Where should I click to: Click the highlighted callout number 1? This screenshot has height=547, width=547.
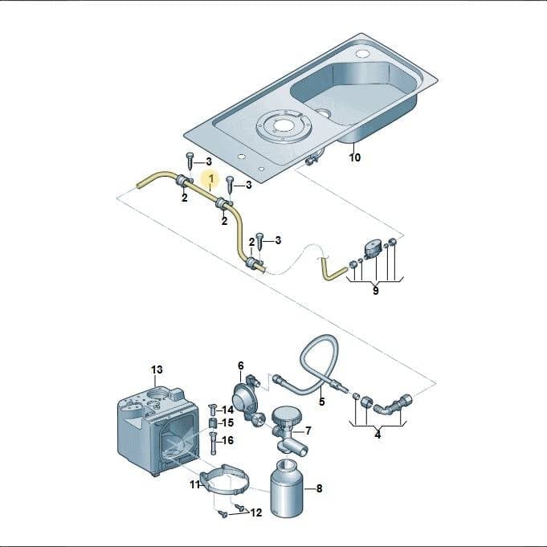(210, 178)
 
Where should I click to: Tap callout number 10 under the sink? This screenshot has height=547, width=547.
(355, 157)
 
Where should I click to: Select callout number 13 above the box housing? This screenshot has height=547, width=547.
(157, 369)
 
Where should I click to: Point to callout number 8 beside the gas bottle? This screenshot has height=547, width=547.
(319, 488)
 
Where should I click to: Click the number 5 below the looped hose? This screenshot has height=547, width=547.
(321, 402)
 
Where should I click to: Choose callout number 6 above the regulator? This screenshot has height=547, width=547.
(241, 366)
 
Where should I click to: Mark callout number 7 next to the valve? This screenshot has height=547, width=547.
(308, 431)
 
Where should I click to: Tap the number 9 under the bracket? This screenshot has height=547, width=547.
(375, 291)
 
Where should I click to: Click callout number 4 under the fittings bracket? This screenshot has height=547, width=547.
(378, 435)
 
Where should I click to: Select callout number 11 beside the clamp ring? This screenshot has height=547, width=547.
(194, 484)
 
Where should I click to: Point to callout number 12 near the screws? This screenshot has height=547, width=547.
(256, 512)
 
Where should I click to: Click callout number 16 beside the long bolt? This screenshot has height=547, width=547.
(228, 441)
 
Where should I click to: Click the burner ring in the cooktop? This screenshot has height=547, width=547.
(283, 126)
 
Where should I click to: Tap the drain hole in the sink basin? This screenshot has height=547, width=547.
(325, 113)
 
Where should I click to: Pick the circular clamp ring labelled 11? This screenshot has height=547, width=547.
(226, 479)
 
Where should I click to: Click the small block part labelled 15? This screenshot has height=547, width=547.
(212, 423)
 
